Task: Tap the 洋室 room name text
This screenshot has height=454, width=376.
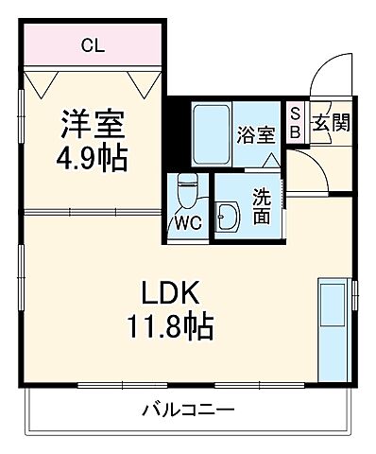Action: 94,124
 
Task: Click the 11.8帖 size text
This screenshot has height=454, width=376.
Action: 171,328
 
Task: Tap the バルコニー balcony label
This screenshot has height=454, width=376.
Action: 189,410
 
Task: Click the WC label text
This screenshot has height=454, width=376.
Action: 187,225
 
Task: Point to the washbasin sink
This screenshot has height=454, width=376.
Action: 227,217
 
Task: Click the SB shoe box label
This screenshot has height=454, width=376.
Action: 295,124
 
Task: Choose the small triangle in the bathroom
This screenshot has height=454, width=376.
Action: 269,161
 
